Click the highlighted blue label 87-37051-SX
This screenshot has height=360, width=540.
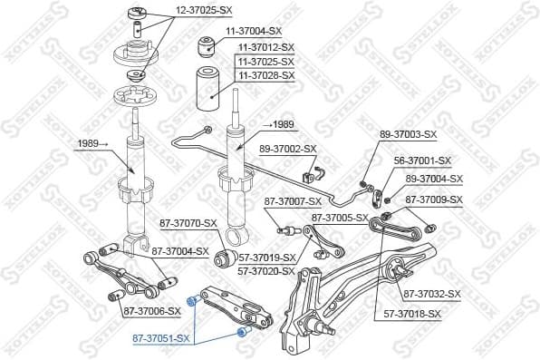click(159, 338)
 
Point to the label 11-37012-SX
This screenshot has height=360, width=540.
click(266, 46)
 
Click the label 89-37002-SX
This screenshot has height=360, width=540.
click(288, 149)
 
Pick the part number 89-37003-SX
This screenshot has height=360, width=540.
click(408, 134)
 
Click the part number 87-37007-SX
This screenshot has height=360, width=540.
click(293, 201)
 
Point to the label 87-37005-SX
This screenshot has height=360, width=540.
click(340, 218)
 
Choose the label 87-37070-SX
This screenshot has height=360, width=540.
click(188, 223)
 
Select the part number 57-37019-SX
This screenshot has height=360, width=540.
click(267, 258)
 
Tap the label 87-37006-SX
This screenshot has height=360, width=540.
click(151, 311)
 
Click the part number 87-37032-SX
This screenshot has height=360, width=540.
click(432, 294)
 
